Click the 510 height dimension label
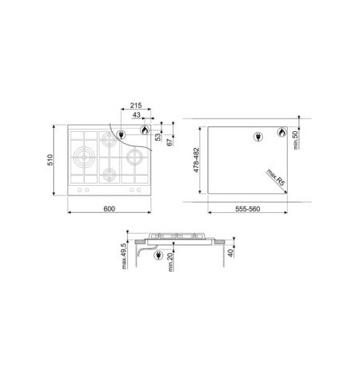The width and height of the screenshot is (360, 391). (x=50, y=160)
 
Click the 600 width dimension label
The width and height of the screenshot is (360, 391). (x=109, y=209)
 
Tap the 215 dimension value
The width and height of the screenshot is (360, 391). (x=136, y=106)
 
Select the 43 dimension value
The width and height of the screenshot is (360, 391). (x=137, y=114)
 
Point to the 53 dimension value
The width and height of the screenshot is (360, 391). (x=158, y=137)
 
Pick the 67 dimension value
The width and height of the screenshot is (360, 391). (x=169, y=142)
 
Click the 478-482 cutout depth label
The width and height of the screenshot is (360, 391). (x=196, y=160)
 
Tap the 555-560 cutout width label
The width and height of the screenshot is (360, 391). (x=248, y=209)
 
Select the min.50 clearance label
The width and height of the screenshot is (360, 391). (x=296, y=140)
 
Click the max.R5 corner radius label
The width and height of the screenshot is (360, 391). (x=276, y=177)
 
